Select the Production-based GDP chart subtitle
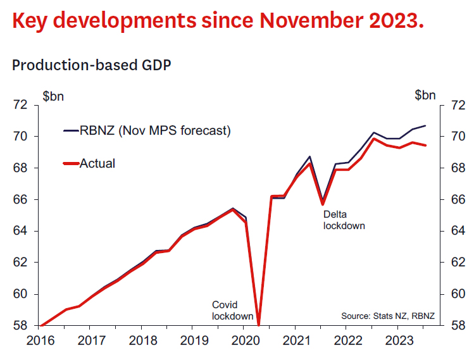click(x=92, y=65)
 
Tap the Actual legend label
click(x=97, y=163)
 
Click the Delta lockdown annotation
click(x=344, y=220)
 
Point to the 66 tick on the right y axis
click(x=457, y=200)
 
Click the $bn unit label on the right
click(x=425, y=96)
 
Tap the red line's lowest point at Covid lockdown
click(x=258, y=324)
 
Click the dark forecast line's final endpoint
click(x=425, y=126)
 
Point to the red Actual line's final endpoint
click(x=425, y=146)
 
